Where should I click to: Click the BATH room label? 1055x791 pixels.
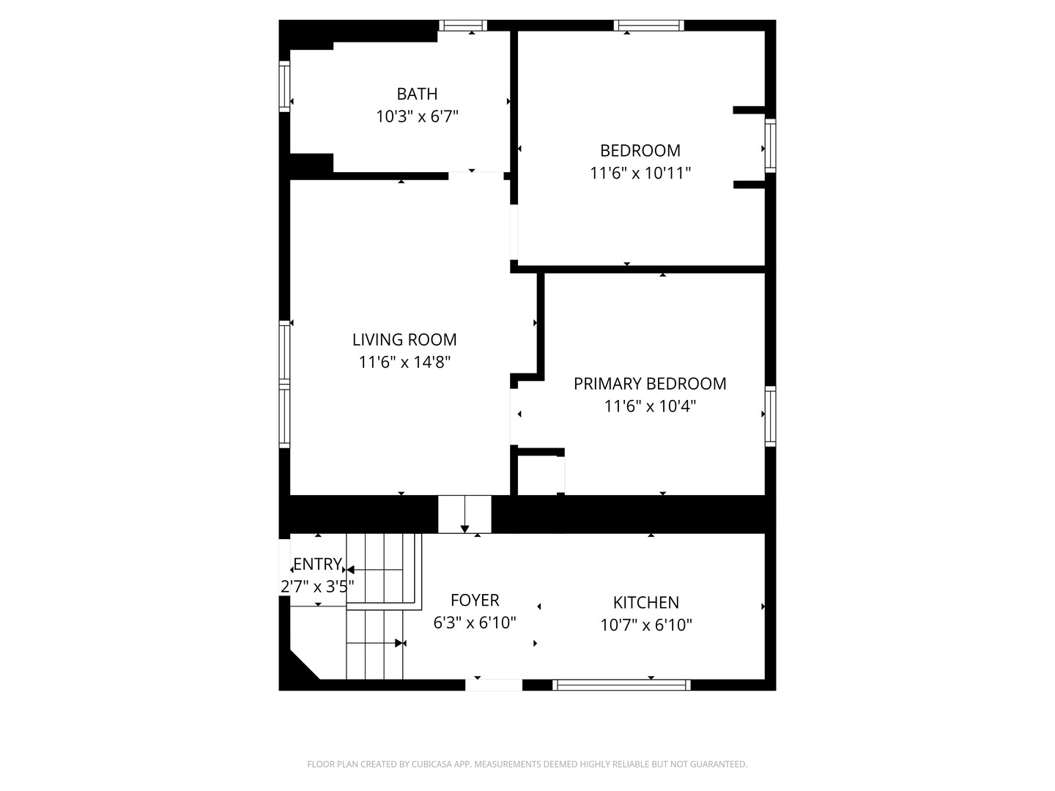(x=417, y=94)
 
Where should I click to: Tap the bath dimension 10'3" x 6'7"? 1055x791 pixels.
(x=417, y=116)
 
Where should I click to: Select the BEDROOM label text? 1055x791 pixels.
(x=640, y=151)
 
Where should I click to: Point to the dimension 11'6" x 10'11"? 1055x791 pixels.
(x=640, y=174)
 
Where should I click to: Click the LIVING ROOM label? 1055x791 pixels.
(x=404, y=340)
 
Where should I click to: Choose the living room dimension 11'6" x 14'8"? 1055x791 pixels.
(x=404, y=362)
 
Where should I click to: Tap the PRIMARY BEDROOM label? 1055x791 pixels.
(x=650, y=384)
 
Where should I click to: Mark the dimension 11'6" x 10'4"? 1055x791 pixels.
(x=650, y=406)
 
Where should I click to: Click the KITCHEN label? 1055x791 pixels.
(x=645, y=603)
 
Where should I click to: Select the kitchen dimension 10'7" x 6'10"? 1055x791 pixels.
(x=645, y=625)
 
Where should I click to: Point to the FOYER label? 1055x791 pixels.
(x=475, y=601)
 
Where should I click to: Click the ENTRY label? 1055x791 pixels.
(x=317, y=564)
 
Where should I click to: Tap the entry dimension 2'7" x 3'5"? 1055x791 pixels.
(x=317, y=587)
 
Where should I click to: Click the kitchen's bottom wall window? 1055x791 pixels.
(x=621, y=685)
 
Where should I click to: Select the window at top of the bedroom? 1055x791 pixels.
(x=648, y=26)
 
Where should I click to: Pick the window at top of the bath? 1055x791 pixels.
(x=463, y=26)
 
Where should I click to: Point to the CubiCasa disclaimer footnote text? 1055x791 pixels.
(x=527, y=764)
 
